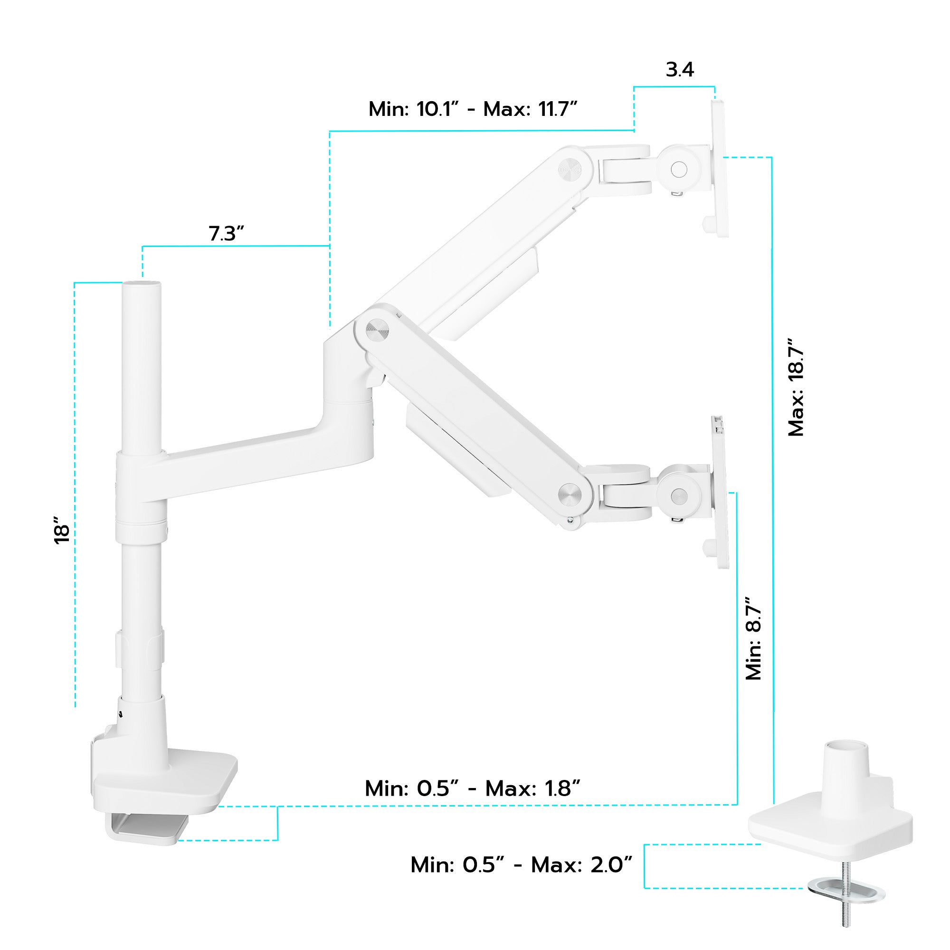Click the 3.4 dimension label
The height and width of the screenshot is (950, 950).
[680, 70]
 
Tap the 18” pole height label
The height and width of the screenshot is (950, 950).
[62, 530]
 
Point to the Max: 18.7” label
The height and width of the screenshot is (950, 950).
[795, 387]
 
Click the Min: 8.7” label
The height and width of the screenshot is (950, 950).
[753, 639]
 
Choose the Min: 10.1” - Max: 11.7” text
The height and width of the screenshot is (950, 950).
[473, 109]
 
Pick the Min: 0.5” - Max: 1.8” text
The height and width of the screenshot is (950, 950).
[473, 788]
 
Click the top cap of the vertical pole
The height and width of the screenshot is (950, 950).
[142, 285]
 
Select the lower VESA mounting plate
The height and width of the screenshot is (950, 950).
[719, 492]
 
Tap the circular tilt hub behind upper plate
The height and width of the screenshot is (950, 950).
[679, 169]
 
